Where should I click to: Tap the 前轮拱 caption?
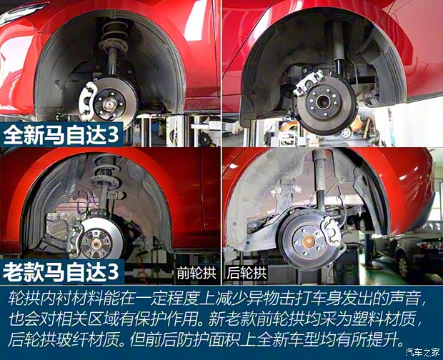(194, 272)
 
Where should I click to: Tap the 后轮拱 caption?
(247, 272)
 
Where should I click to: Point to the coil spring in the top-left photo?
(114, 36)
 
